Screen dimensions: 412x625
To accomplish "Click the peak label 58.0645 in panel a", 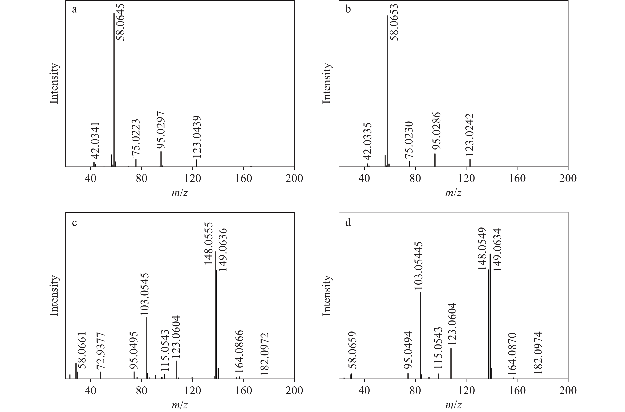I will pos(121,22).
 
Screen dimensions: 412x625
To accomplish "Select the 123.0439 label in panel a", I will pos(196,137).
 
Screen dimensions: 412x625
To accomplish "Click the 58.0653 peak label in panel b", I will pos(394,22).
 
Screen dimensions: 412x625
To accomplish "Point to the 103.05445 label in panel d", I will pos(419,266).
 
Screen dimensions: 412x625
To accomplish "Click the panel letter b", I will pos(348,10).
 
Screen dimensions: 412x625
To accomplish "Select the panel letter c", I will pos(75,222).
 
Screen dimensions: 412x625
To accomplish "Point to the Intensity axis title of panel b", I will pos(327,83).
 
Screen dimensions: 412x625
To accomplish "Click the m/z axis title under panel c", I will pos(180,405).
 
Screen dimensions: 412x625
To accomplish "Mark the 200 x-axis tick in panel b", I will pos(568,178).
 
